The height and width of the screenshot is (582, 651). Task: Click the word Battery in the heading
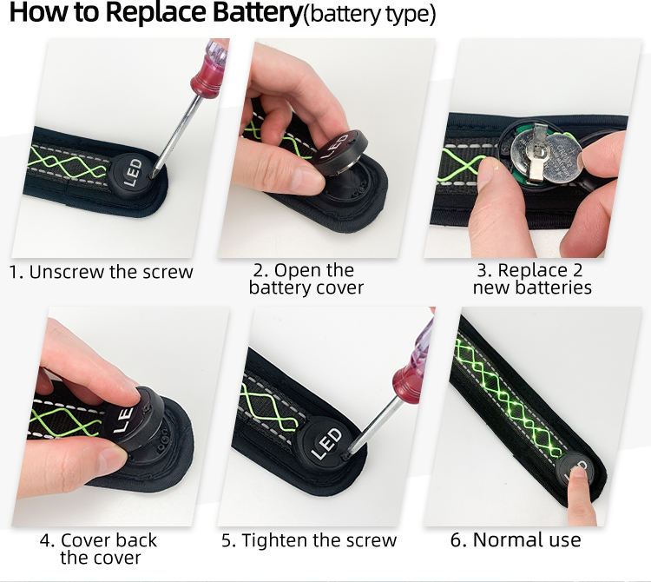(258, 13)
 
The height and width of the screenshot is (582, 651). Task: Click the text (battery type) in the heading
(370, 15)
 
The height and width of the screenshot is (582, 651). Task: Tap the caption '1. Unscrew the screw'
(102, 272)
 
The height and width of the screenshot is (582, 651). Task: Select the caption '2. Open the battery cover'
(306, 279)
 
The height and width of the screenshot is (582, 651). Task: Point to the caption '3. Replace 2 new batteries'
(532, 279)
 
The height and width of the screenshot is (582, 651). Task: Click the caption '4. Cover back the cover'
(99, 548)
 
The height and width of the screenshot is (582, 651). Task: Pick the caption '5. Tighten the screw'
(309, 540)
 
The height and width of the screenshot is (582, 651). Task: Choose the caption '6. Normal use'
(516, 539)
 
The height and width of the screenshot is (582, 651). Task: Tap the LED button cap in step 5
(326, 443)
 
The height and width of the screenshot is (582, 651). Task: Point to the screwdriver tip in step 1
(153, 175)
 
